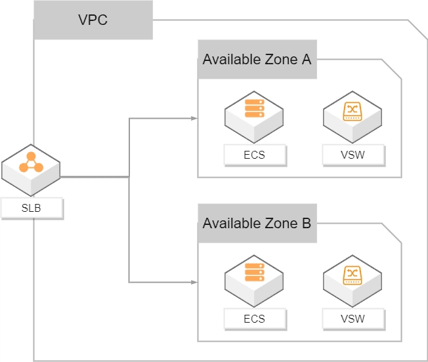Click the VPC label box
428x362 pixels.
pyautogui.click(x=93, y=20)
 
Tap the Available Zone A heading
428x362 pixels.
pyautogui.click(x=257, y=60)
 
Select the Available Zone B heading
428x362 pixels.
pyautogui.click(x=257, y=223)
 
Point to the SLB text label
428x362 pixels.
pyautogui.click(x=32, y=209)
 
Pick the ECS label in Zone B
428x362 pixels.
pyautogui.click(x=254, y=319)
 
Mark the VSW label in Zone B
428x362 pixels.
pyautogui.click(x=353, y=319)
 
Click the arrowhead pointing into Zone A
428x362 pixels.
pyautogui.click(x=194, y=119)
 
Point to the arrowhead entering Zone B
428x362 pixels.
pyautogui.click(x=194, y=282)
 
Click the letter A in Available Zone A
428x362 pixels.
pyautogui.click(x=306, y=60)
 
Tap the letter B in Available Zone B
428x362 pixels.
pyautogui.click(x=306, y=223)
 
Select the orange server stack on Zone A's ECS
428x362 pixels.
pyautogui.click(x=254, y=108)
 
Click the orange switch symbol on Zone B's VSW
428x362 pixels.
pyautogui.click(x=353, y=272)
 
